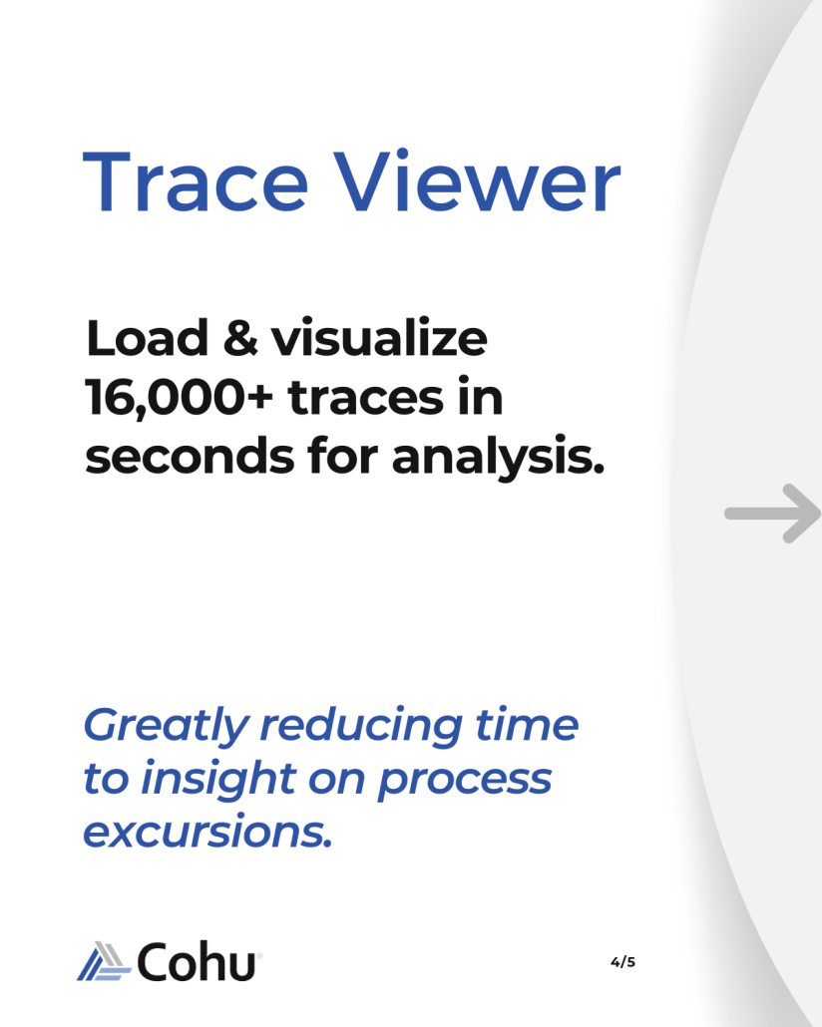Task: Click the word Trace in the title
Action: (196, 182)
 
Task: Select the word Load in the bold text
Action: (147, 338)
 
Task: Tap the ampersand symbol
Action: (240, 338)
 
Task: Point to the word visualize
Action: (379, 337)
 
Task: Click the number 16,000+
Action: (179, 398)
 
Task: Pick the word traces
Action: (366, 398)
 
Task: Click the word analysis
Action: (498, 458)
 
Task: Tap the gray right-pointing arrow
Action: (773, 513)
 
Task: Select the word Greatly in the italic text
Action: (167, 726)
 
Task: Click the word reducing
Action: (362, 726)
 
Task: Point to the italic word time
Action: (527, 725)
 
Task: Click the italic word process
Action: (465, 782)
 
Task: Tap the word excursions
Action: (207, 832)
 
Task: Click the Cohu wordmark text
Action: (196, 961)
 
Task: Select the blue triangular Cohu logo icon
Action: (105, 961)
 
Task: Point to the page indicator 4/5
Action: (622, 962)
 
